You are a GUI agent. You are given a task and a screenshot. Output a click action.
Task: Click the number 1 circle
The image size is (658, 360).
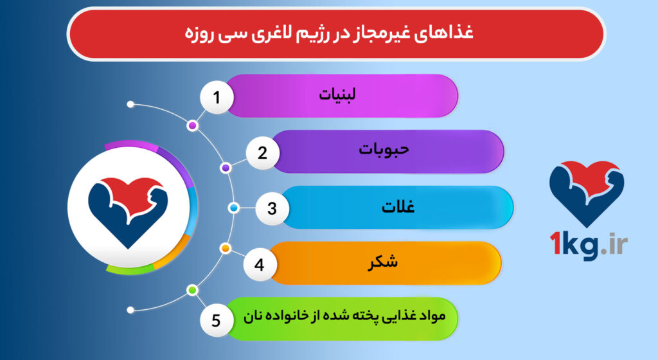(217, 98)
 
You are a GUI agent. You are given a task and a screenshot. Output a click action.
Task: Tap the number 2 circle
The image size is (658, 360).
(262, 154)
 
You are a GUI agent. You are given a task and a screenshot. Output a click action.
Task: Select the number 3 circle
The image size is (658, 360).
(272, 208)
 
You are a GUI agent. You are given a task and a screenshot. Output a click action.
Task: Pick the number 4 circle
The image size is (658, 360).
(260, 264)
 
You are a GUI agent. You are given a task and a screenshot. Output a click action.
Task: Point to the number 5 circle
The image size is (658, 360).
(217, 319)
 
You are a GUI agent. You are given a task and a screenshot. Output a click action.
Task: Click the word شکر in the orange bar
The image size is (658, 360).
(381, 262)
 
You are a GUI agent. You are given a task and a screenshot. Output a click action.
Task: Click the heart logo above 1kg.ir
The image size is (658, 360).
(587, 192)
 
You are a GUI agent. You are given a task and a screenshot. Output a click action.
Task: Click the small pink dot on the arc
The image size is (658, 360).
(191, 126)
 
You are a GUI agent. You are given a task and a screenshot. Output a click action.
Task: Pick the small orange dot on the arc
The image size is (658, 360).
(226, 248)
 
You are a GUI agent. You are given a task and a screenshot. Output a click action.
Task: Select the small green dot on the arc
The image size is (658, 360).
(191, 290)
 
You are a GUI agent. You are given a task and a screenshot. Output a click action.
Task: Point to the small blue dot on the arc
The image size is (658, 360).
(234, 208)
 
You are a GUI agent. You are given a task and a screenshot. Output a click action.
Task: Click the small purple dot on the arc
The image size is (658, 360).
(226, 168)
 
